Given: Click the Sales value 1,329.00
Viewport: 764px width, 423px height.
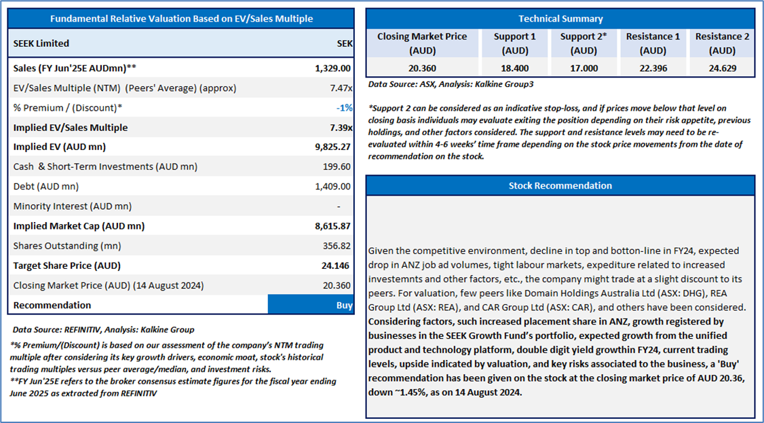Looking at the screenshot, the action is click(x=332, y=68).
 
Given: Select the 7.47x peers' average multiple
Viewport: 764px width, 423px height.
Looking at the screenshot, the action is click(x=341, y=88).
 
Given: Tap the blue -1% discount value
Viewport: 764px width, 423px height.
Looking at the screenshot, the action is click(x=345, y=108).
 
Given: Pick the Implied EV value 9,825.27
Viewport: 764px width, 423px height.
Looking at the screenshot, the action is click(x=332, y=147).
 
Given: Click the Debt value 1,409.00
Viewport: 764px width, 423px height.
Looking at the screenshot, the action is click(x=332, y=186).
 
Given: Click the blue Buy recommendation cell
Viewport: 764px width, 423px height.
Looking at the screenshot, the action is click(x=310, y=305).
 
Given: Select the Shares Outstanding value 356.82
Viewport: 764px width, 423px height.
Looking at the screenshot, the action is click(x=337, y=246).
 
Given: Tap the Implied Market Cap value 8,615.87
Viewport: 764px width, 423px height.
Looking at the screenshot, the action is click(x=332, y=226).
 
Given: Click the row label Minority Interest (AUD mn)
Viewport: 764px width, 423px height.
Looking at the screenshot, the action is click(x=73, y=206).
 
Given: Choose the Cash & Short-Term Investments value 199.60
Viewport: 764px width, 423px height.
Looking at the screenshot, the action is click(x=337, y=166).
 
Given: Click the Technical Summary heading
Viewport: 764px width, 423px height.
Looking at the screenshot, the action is click(x=560, y=19).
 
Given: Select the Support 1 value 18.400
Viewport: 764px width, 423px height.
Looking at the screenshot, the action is click(x=514, y=68).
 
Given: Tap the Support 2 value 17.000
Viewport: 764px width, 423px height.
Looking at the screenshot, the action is click(x=584, y=68).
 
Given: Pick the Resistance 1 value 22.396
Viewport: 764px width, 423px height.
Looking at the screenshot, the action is click(x=653, y=68).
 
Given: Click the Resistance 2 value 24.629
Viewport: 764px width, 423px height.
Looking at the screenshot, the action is click(x=723, y=68).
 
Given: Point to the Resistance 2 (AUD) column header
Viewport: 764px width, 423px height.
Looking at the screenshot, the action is click(x=723, y=43).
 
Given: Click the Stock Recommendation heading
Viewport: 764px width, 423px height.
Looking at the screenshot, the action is click(x=560, y=185).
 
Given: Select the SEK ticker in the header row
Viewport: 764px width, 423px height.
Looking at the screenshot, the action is click(x=345, y=43).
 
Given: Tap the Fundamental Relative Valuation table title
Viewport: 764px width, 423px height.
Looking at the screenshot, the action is click(x=182, y=19).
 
